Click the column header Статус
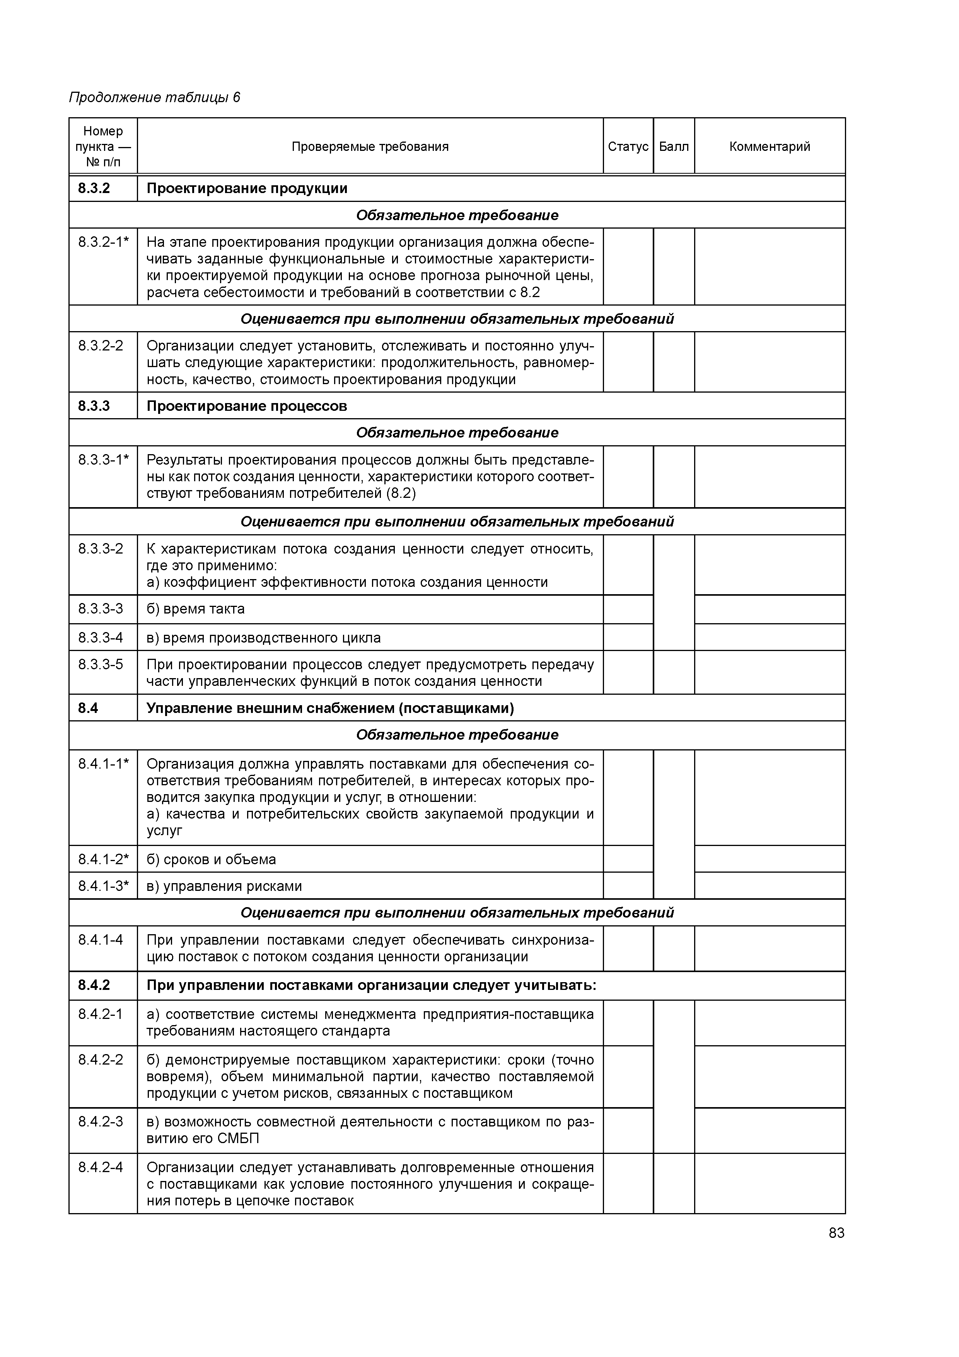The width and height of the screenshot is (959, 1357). [x=628, y=147]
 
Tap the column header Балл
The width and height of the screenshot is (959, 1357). [x=674, y=147]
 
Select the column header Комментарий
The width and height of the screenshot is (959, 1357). [x=770, y=147]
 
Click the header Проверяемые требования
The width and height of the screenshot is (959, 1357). [x=370, y=147]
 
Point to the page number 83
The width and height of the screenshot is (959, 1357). [x=836, y=1233]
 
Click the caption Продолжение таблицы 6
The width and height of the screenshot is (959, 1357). [x=155, y=97]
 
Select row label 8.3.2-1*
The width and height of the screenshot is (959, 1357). [x=103, y=242]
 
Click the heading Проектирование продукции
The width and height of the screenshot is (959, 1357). [x=247, y=188]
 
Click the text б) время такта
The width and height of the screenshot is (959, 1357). [x=196, y=609]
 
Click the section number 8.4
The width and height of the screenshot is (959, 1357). [x=88, y=708]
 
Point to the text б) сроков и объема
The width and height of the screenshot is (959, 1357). [x=211, y=860]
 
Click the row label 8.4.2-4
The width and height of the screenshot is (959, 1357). [x=101, y=1167]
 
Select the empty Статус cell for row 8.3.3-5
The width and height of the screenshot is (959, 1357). [x=628, y=673]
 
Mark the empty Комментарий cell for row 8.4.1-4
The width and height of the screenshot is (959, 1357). [x=770, y=948]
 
